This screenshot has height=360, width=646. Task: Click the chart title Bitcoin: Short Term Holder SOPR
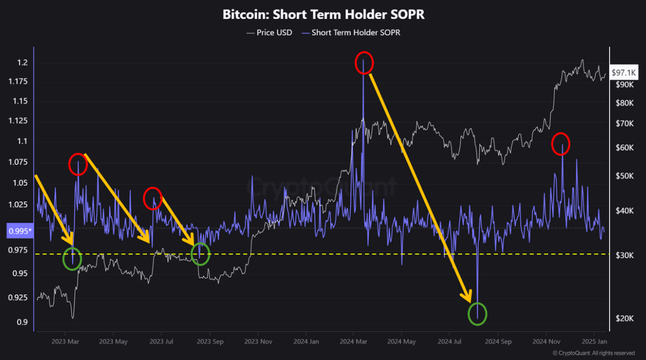(x=324, y=15)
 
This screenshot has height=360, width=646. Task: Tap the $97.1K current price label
(x=624, y=73)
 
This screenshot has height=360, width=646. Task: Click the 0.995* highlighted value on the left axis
(x=20, y=231)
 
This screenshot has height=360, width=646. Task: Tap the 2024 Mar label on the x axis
(x=354, y=341)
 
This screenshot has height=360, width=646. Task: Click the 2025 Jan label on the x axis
(x=595, y=341)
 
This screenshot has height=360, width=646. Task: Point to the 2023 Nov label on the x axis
(x=258, y=341)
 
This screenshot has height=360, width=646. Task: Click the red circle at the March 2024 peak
(x=364, y=63)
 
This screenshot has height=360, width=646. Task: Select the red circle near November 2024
(x=560, y=144)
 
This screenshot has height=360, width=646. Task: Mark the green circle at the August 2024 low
(x=477, y=314)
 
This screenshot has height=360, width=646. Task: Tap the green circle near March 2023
(x=72, y=259)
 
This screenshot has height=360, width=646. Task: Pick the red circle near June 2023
(x=152, y=198)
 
